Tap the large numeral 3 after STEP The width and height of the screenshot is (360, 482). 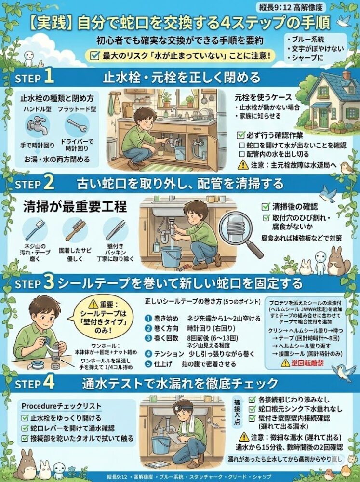click(49, 282)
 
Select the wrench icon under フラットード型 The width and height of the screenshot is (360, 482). click(77, 126)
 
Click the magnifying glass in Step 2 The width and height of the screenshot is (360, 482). click(239, 232)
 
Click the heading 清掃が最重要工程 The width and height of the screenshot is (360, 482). click(75, 206)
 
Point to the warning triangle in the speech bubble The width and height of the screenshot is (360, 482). click(92, 304)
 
